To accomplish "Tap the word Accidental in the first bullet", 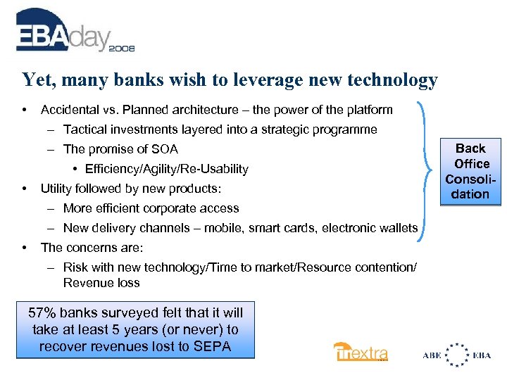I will tap(69, 110).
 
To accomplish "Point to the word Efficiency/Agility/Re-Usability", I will tap(166, 169).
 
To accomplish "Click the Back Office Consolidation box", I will tap(470, 171).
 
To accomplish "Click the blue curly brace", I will tap(431, 171).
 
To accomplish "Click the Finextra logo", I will tap(361, 352).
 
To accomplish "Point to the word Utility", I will tap(56, 189).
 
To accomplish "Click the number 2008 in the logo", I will tap(122, 49).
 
